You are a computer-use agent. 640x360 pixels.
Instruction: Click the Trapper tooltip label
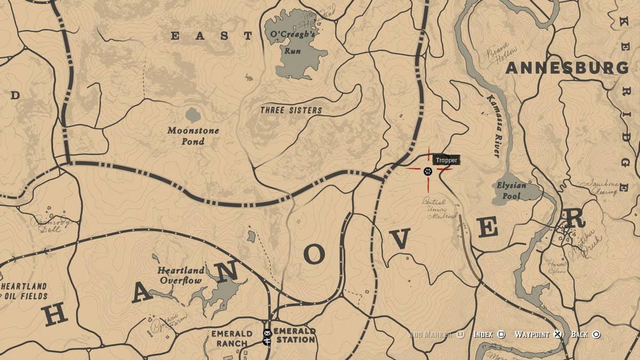446,160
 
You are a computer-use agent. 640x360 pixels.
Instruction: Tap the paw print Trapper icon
428,171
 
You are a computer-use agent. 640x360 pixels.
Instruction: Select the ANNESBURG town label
567,68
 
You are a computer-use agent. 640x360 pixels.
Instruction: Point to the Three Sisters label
291,110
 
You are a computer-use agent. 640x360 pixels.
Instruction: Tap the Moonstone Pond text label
193,136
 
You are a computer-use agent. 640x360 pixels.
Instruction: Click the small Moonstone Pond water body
193,115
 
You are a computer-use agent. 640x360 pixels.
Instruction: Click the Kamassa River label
493,126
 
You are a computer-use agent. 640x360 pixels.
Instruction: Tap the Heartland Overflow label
180,275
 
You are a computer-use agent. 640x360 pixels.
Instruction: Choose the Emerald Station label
295,335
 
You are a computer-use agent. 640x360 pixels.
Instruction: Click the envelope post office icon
267,333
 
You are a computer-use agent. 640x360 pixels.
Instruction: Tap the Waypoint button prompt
538,334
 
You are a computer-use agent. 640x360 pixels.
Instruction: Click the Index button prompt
489,334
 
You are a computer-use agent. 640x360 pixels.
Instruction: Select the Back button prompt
585,334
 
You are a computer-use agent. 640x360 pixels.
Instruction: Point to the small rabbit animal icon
249,79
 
